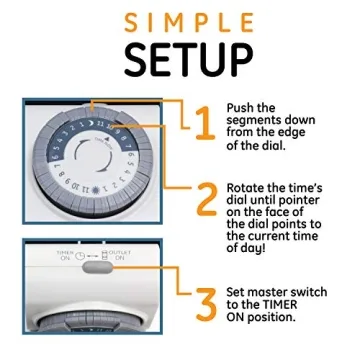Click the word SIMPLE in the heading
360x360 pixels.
click(179, 21)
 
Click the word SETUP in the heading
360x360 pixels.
click(179, 59)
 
